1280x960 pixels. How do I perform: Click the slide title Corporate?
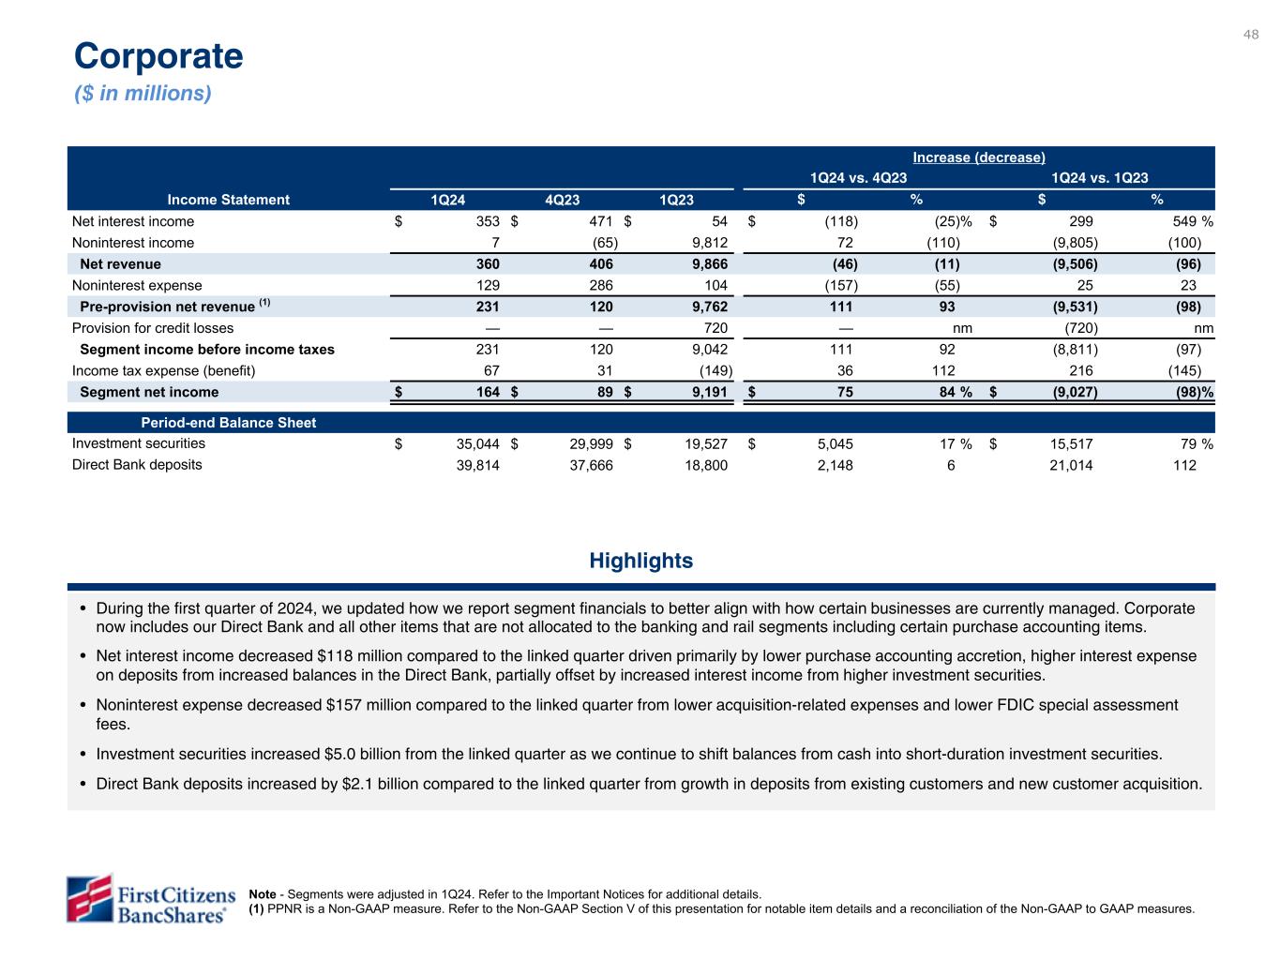158,56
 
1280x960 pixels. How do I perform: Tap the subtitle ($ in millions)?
143,94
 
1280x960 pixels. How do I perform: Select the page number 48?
1251,35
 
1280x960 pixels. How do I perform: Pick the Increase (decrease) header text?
979,157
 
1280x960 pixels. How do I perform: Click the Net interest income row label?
133,221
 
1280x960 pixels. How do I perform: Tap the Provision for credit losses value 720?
715,328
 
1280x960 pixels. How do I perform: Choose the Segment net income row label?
149,392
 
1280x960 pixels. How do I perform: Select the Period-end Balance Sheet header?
228,423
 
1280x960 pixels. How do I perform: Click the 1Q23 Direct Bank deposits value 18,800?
704,464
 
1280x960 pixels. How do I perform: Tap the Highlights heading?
641,561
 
